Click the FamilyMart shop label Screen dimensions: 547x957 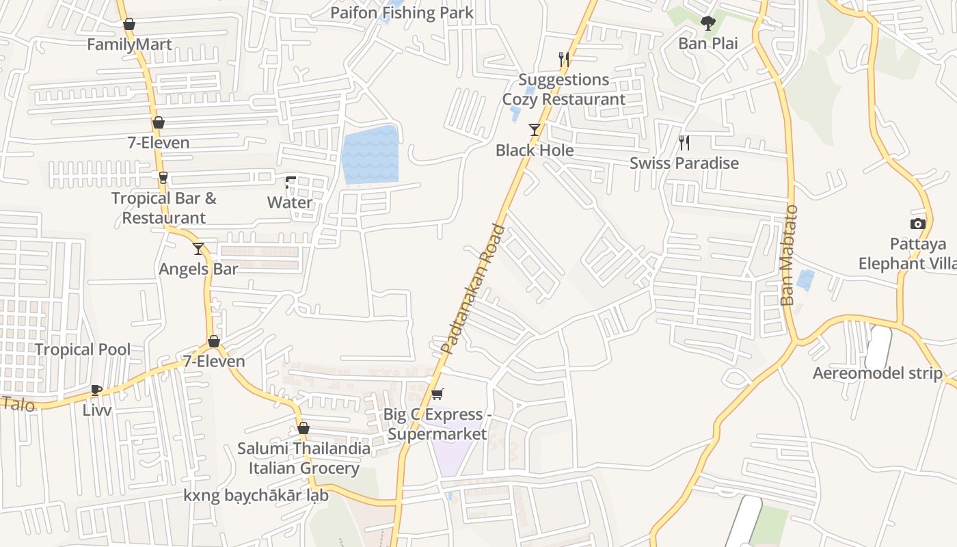click(x=129, y=44)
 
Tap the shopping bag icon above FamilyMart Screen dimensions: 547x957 click(x=129, y=25)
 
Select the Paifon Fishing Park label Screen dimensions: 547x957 click(x=401, y=12)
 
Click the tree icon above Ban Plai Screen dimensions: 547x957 click(x=707, y=23)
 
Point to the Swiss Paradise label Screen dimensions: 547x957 click(x=684, y=163)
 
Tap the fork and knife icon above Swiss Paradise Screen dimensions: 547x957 click(x=684, y=142)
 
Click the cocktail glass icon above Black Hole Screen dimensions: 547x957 click(x=535, y=129)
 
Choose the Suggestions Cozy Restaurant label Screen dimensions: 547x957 click(x=563, y=90)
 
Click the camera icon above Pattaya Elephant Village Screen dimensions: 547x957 click(x=917, y=224)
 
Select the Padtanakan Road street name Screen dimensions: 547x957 click(x=472, y=289)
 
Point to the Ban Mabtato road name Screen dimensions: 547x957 click(x=789, y=255)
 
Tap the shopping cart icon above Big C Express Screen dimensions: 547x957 click(x=437, y=394)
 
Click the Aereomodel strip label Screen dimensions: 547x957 click(x=877, y=373)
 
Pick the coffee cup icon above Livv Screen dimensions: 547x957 click(x=96, y=390)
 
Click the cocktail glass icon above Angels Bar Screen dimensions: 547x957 click(x=198, y=248)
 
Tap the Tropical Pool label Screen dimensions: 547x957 click(x=82, y=349)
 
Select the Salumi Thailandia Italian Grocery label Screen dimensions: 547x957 click(x=304, y=458)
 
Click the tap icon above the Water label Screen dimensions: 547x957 click(x=291, y=183)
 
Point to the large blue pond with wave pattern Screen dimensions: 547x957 click(x=370, y=155)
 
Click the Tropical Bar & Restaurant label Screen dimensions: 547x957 click(x=163, y=208)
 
